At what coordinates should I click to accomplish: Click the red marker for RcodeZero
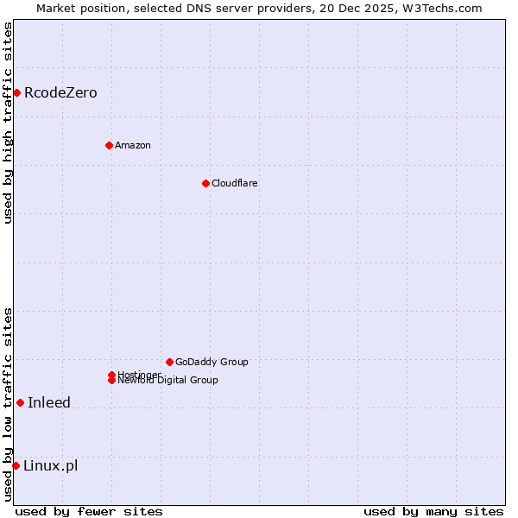click(16, 92)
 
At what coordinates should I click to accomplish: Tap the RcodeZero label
click(60, 93)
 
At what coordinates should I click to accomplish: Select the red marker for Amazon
click(109, 145)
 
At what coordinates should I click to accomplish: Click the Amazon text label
click(133, 145)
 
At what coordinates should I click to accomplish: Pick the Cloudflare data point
click(205, 183)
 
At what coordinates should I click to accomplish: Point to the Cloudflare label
click(235, 183)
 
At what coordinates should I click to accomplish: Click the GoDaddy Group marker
click(169, 362)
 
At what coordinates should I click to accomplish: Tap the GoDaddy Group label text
click(212, 363)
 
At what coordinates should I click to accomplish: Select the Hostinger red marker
click(111, 375)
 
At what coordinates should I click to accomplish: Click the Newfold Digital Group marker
click(111, 381)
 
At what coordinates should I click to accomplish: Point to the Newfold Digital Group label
click(168, 381)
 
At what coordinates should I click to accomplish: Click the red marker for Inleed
click(20, 402)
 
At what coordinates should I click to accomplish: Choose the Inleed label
click(49, 403)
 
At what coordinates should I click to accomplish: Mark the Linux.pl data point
click(16, 466)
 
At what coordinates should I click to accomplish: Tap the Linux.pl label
click(51, 466)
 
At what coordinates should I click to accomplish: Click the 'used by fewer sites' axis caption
click(89, 511)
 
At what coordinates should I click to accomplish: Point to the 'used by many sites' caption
click(433, 511)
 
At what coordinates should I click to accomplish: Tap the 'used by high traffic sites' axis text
click(8, 123)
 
